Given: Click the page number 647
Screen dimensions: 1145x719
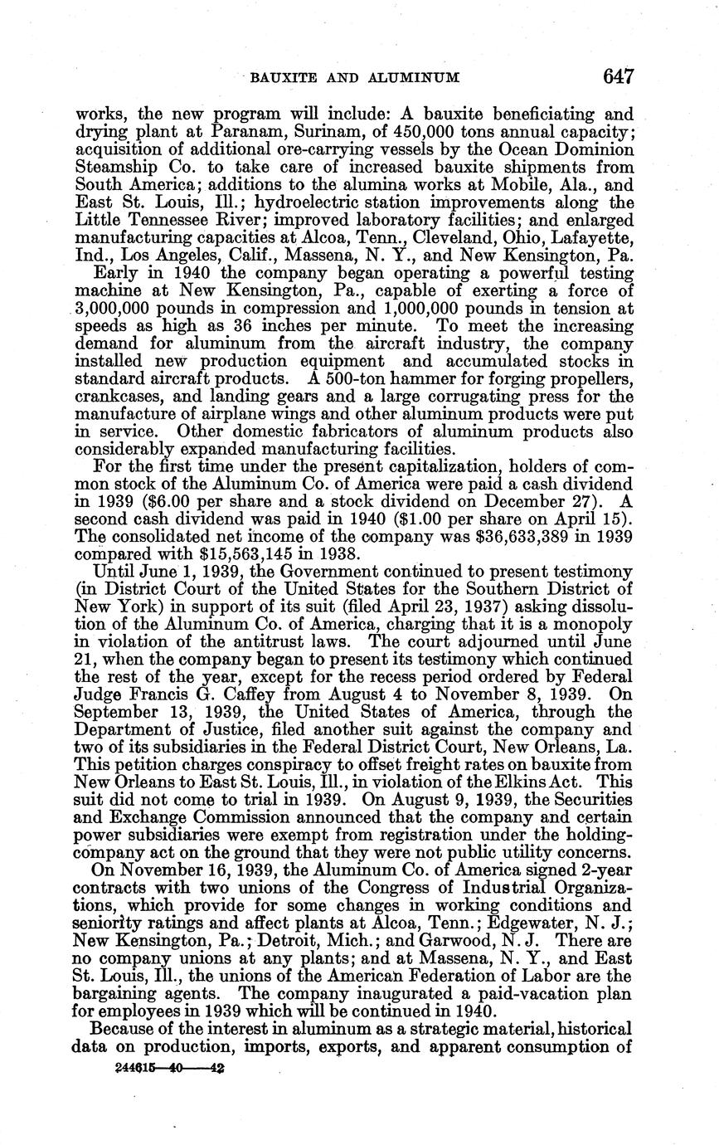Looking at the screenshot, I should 619,77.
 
